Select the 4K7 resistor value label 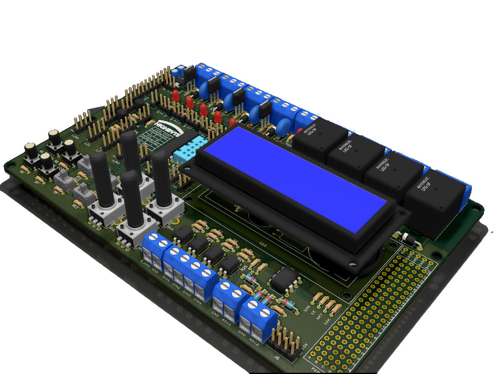click(x=319, y=316)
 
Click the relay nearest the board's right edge click(x=436, y=202)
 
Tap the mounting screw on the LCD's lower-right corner click(x=353, y=264)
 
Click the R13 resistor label click(x=74, y=206)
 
